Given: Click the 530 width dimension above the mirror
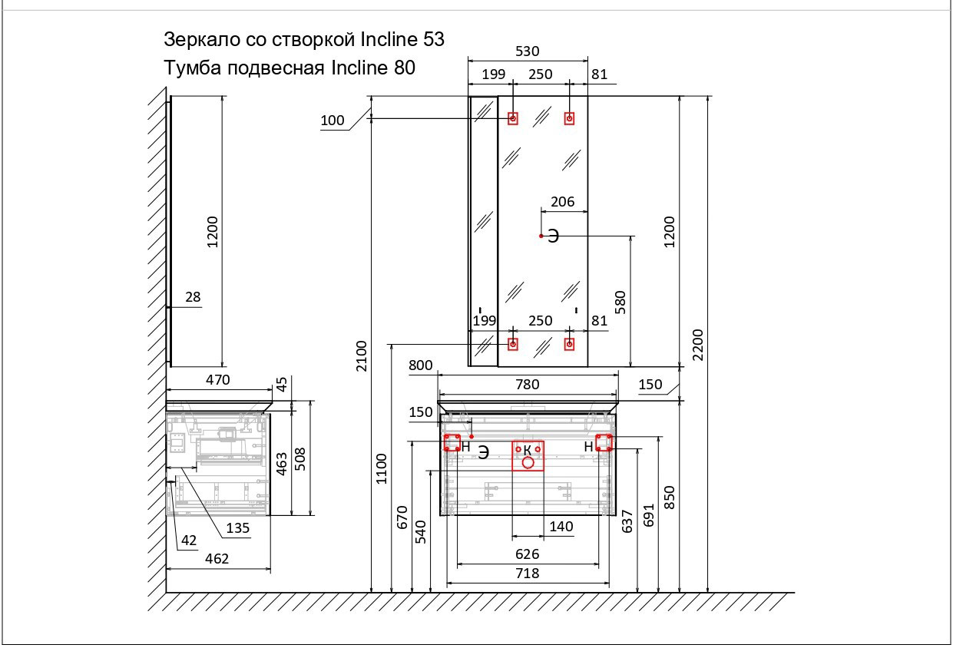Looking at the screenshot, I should (x=527, y=51).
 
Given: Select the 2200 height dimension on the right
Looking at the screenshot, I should (x=697, y=345).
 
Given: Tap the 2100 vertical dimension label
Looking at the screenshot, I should (x=362, y=354).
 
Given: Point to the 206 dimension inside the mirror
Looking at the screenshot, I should (x=563, y=202).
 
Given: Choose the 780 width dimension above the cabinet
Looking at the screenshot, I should (x=527, y=385).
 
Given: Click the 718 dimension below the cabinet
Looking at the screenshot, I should (x=527, y=574).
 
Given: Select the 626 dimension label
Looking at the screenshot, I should (x=527, y=554).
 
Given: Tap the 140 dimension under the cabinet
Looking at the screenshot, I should (x=561, y=527).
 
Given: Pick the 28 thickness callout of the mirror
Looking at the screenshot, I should (x=192, y=296).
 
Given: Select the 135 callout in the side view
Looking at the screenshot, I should (x=237, y=528).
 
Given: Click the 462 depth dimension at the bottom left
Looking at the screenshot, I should (x=217, y=559).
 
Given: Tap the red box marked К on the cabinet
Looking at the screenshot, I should (x=528, y=455).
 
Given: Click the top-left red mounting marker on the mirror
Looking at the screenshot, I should (x=512, y=118).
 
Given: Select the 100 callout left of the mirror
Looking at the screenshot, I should (x=333, y=120).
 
